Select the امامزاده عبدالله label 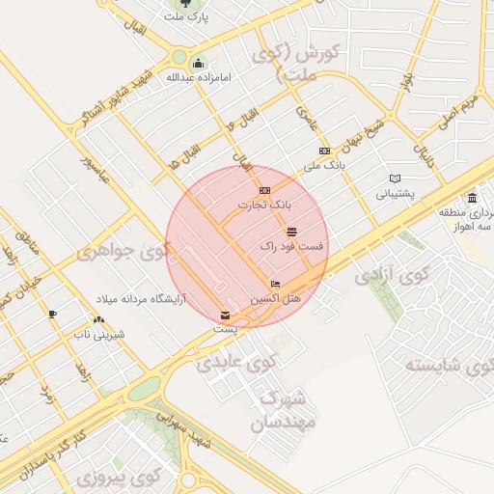(198, 77)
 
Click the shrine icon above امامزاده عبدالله (198, 64)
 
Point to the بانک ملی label (324, 165)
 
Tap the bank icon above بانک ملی (324, 151)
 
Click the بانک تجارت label (264, 205)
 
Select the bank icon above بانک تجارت (264, 190)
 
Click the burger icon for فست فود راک (291, 232)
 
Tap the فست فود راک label (291, 247)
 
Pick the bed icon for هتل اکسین (275, 285)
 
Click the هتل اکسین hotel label (276, 299)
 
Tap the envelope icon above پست (225, 315)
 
